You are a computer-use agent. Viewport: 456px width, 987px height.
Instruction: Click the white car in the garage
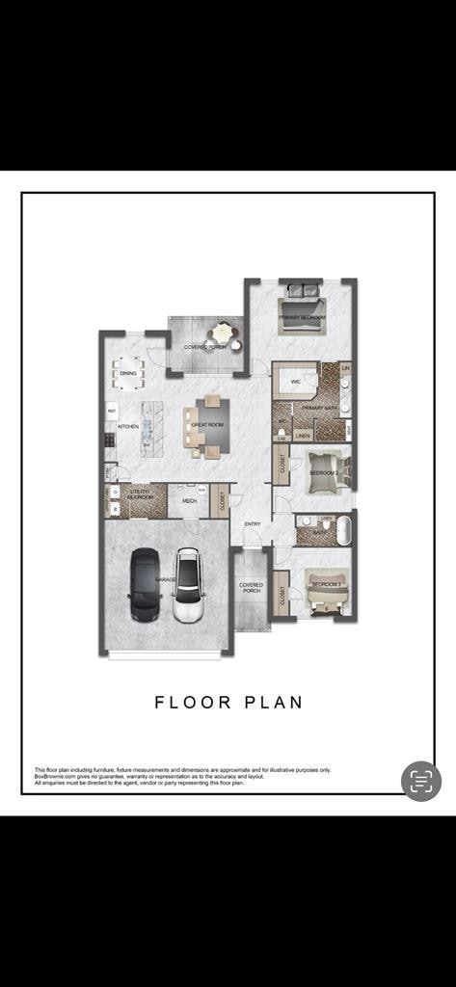tap(188, 585)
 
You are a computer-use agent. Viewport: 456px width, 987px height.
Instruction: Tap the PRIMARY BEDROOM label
tap(302, 317)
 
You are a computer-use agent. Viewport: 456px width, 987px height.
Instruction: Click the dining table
tap(128, 369)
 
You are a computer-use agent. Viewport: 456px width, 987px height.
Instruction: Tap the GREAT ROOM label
tap(207, 424)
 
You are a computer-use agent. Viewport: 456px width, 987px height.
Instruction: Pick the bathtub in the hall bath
tap(344, 531)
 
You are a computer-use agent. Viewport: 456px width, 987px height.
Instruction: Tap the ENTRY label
tap(253, 523)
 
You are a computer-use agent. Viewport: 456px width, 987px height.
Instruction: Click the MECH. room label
tap(189, 501)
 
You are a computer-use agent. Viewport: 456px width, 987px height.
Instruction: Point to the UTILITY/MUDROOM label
tap(140, 495)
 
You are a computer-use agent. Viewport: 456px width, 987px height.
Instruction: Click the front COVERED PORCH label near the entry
tap(252, 587)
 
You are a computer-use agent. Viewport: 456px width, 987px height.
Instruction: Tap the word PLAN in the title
tap(276, 702)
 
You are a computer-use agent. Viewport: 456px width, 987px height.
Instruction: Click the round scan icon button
tap(421, 781)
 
